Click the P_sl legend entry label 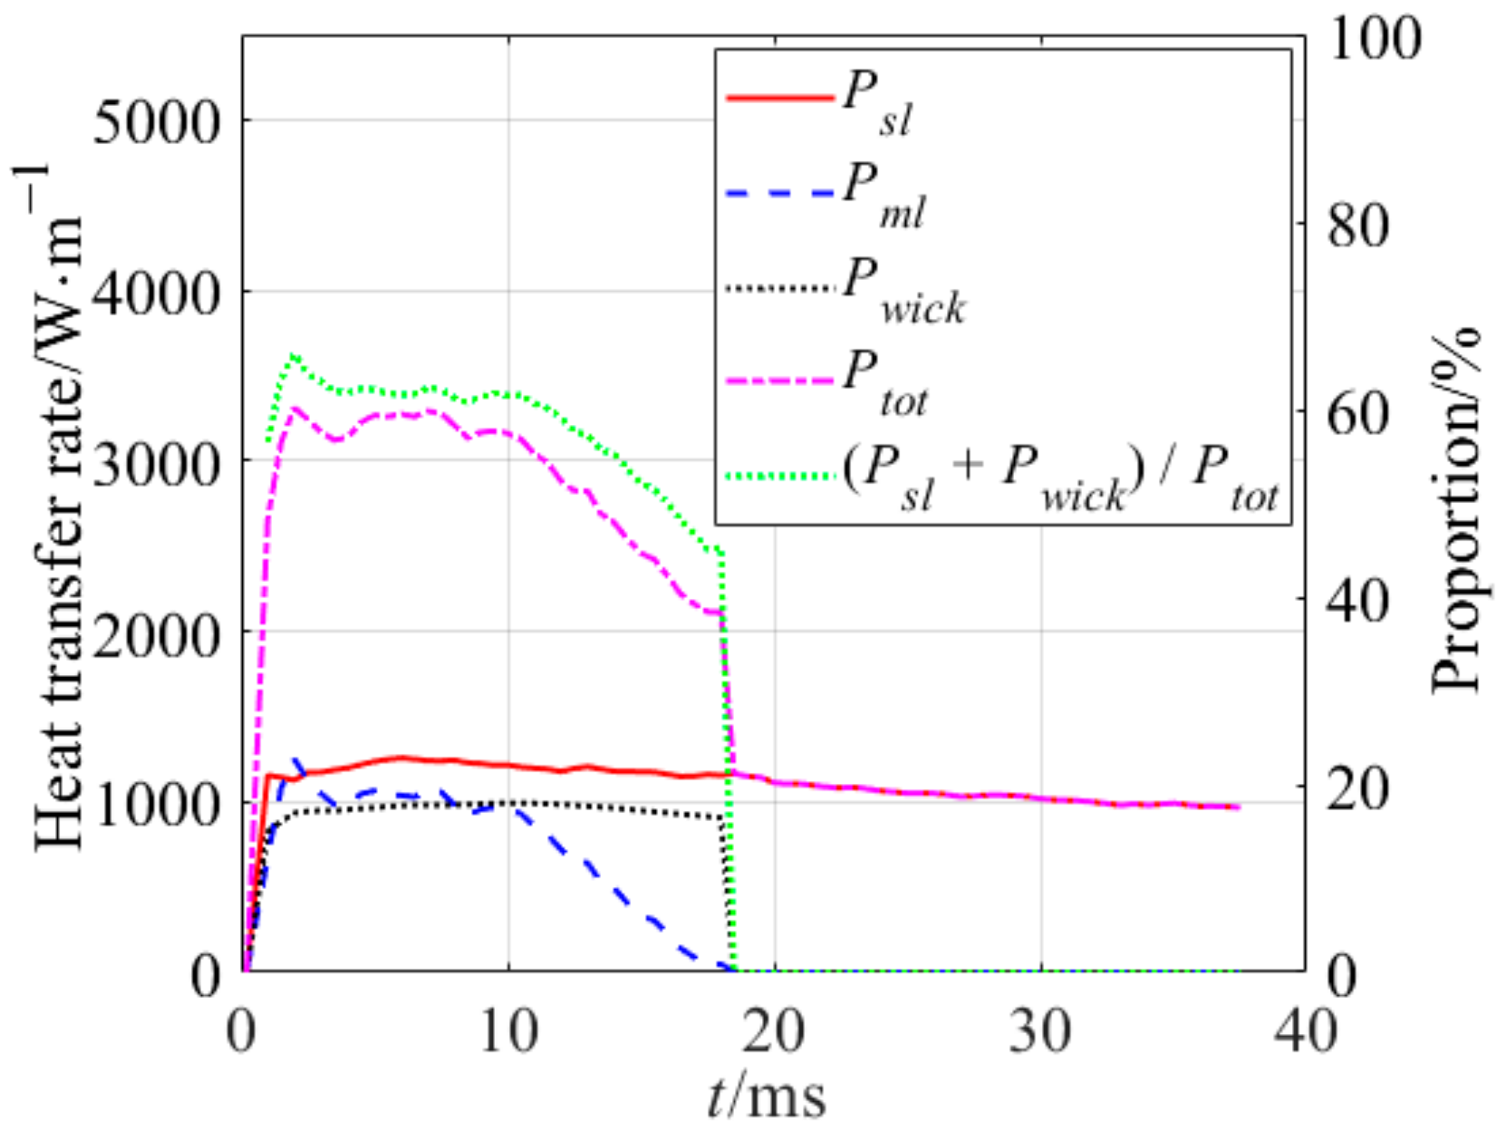coord(877,107)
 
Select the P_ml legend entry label coord(883,198)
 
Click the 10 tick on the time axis coord(508,1032)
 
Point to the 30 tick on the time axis coord(1040,1032)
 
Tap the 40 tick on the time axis coord(1305,1032)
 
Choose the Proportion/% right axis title coord(1454,509)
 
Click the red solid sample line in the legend coord(780,97)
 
